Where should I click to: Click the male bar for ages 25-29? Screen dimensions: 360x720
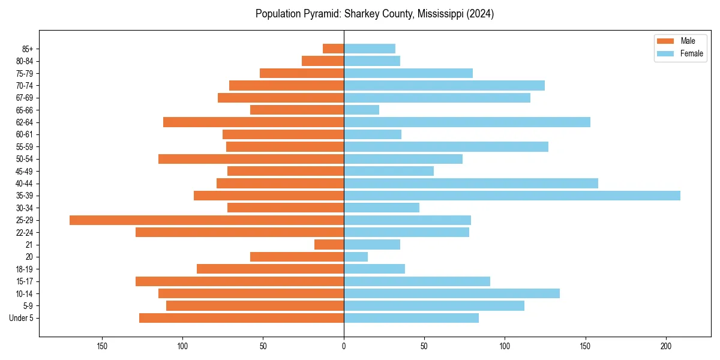(x=206, y=220)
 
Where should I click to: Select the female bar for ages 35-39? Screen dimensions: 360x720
(x=512, y=196)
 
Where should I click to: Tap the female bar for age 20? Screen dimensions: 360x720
(x=356, y=257)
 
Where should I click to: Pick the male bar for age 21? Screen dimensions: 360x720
(x=329, y=245)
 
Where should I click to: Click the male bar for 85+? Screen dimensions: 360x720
(x=333, y=49)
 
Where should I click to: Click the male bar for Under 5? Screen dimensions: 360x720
(x=241, y=318)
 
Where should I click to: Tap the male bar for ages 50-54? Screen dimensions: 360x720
(x=251, y=159)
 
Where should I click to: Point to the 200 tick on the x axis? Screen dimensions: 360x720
(x=666, y=346)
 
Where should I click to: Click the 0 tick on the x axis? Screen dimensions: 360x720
(x=344, y=346)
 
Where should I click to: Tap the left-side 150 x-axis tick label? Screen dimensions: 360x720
(x=102, y=346)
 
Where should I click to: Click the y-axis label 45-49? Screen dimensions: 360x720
(x=25, y=171)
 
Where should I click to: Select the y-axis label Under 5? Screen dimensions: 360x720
(x=22, y=318)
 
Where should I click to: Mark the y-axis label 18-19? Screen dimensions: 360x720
(x=25, y=269)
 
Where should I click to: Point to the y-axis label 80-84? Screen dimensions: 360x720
(x=25, y=61)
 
